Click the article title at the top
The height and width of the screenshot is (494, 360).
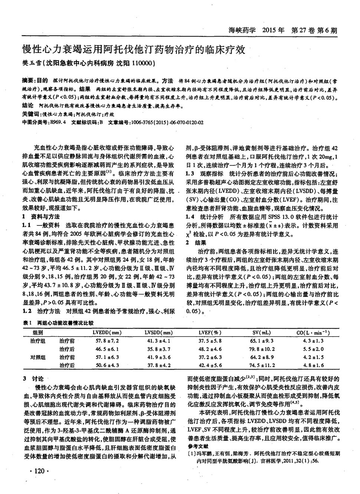(134, 50)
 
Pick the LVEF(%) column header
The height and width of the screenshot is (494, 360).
(210, 332)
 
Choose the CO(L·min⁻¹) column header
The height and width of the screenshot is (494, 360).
(313, 332)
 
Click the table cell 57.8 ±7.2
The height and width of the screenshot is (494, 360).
(107, 341)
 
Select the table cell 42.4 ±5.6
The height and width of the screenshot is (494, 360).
(210, 365)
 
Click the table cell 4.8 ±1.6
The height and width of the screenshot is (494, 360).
(313, 365)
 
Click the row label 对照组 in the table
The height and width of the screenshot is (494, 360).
(38, 357)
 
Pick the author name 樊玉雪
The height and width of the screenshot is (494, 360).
(32, 64)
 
